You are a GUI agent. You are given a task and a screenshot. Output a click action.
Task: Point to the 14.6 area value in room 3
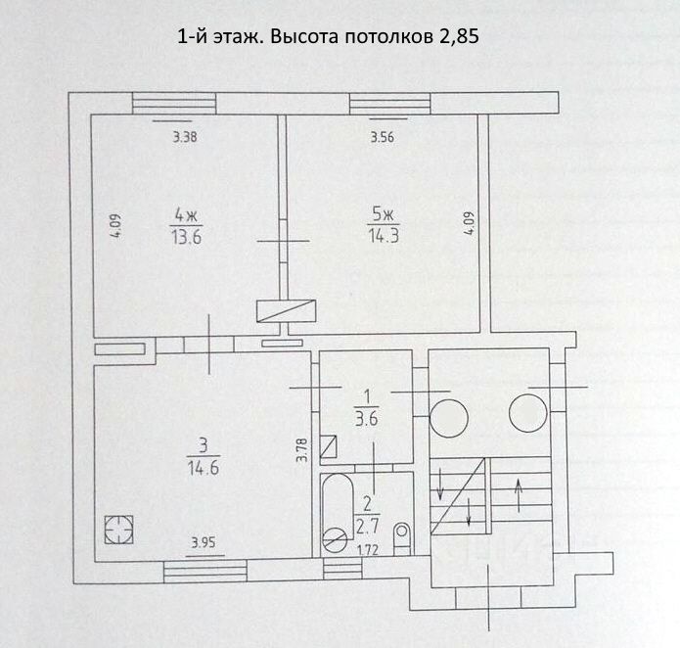pyautogui.click(x=203, y=468)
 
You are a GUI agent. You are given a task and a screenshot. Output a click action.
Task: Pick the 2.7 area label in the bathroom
pyautogui.click(x=368, y=522)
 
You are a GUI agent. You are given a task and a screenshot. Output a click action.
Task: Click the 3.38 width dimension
pyautogui.click(x=185, y=138)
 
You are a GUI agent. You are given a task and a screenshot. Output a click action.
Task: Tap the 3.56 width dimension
pyautogui.click(x=382, y=138)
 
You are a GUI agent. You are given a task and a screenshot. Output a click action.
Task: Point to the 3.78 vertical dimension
pyautogui.click(x=302, y=449)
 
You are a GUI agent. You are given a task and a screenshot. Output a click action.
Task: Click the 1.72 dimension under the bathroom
pyautogui.click(x=368, y=549)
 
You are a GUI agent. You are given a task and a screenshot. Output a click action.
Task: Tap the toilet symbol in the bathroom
pyautogui.click(x=401, y=537)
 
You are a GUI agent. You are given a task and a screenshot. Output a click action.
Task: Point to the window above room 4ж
pyautogui.click(x=174, y=104)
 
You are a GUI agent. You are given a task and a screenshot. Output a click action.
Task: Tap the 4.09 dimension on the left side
pyautogui.click(x=114, y=228)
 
